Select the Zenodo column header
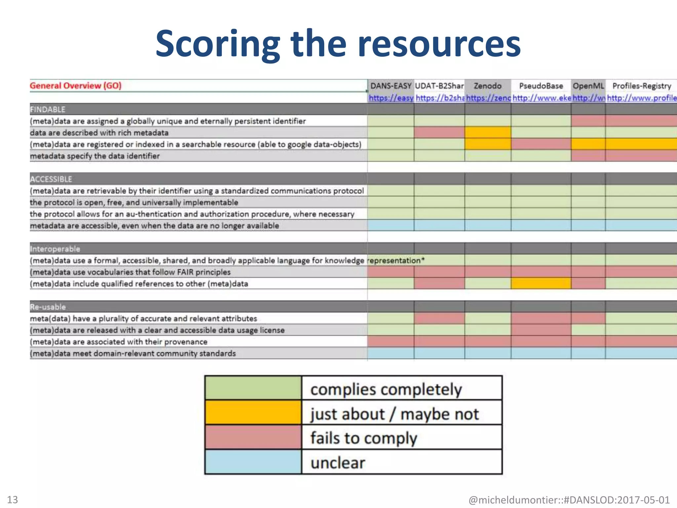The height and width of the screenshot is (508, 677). (487, 86)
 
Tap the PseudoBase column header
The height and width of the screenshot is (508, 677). (541, 86)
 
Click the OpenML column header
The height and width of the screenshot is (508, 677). (588, 86)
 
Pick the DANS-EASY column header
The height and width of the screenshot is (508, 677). (391, 86)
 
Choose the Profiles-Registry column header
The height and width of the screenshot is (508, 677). (642, 86)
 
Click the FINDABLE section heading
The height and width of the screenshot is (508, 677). (48, 109)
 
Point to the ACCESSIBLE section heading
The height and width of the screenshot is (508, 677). (51, 179)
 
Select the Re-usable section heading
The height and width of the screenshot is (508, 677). (48, 307)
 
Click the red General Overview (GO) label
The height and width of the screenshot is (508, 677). (76, 86)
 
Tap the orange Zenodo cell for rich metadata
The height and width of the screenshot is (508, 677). (488, 133)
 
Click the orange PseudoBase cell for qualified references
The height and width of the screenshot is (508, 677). (541, 283)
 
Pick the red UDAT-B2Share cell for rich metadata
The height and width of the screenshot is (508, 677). (439, 133)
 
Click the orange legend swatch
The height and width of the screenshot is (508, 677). (253, 412)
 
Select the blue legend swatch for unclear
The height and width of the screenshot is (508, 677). (253, 462)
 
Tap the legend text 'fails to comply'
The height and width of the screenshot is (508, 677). (364, 438)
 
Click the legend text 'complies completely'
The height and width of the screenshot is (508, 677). (386, 389)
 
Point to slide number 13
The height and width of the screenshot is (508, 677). (13, 499)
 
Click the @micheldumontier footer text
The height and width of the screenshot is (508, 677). (569, 500)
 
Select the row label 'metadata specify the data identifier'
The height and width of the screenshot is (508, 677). (95, 156)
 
